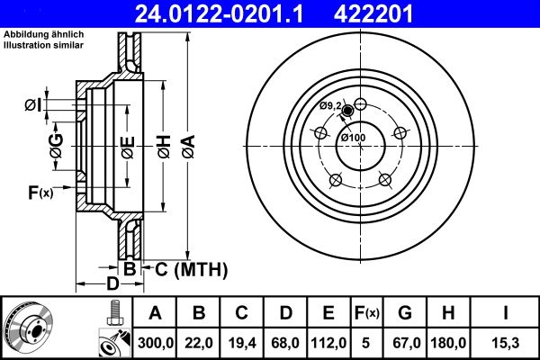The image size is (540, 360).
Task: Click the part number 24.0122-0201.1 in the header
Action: tap(206, 14)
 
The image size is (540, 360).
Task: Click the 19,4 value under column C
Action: tap(242, 343)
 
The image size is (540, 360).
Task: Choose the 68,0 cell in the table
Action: tap(286, 343)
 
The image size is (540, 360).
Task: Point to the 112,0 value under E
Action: tap(328, 343)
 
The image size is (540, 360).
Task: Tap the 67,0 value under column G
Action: tap(406, 343)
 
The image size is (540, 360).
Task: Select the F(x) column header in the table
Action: tap(368, 313)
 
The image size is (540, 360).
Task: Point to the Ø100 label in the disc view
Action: tap(352, 137)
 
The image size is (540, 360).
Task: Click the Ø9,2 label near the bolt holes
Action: tap(331, 106)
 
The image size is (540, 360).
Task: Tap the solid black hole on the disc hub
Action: tap(348, 111)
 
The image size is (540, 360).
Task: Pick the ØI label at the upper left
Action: tap(31, 106)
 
